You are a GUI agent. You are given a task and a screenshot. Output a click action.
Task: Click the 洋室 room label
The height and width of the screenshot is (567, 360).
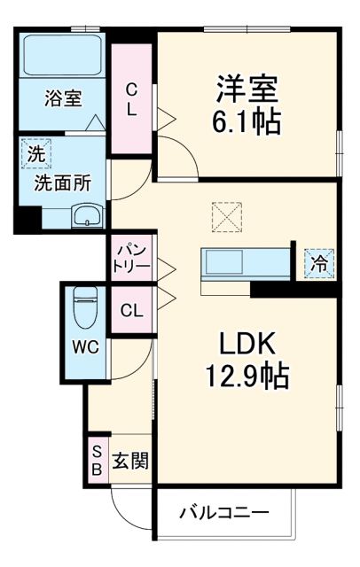click(x=246, y=89)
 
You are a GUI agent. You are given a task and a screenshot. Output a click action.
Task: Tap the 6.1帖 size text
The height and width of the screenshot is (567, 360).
click(x=246, y=120)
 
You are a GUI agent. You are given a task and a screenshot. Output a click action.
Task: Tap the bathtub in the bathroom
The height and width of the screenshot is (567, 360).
click(x=63, y=55)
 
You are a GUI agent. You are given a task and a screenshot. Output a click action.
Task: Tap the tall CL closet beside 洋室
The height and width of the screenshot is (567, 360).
click(x=131, y=99)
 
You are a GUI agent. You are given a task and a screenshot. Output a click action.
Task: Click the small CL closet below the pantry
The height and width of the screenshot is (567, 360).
click(x=131, y=310)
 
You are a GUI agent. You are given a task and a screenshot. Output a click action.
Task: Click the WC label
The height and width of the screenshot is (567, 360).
click(x=86, y=346)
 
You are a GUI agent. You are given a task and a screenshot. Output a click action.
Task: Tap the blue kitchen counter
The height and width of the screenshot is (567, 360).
click(x=246, y=263)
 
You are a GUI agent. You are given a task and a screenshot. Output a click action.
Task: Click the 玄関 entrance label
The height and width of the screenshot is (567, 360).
click(x=129, y=461)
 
